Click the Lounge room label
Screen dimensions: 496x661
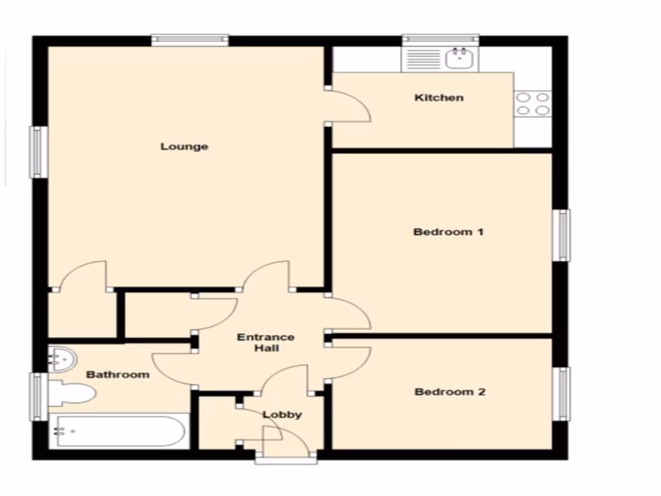185,147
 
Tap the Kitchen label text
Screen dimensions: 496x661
439,98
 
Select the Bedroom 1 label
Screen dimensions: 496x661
449,232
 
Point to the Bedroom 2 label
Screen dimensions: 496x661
450,392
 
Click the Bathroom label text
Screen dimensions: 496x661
118,375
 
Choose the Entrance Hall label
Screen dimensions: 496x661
266,343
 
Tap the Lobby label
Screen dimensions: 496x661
282,415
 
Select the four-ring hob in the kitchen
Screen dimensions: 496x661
533,104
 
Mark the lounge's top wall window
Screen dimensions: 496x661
190,40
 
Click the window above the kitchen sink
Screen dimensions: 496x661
441,39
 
